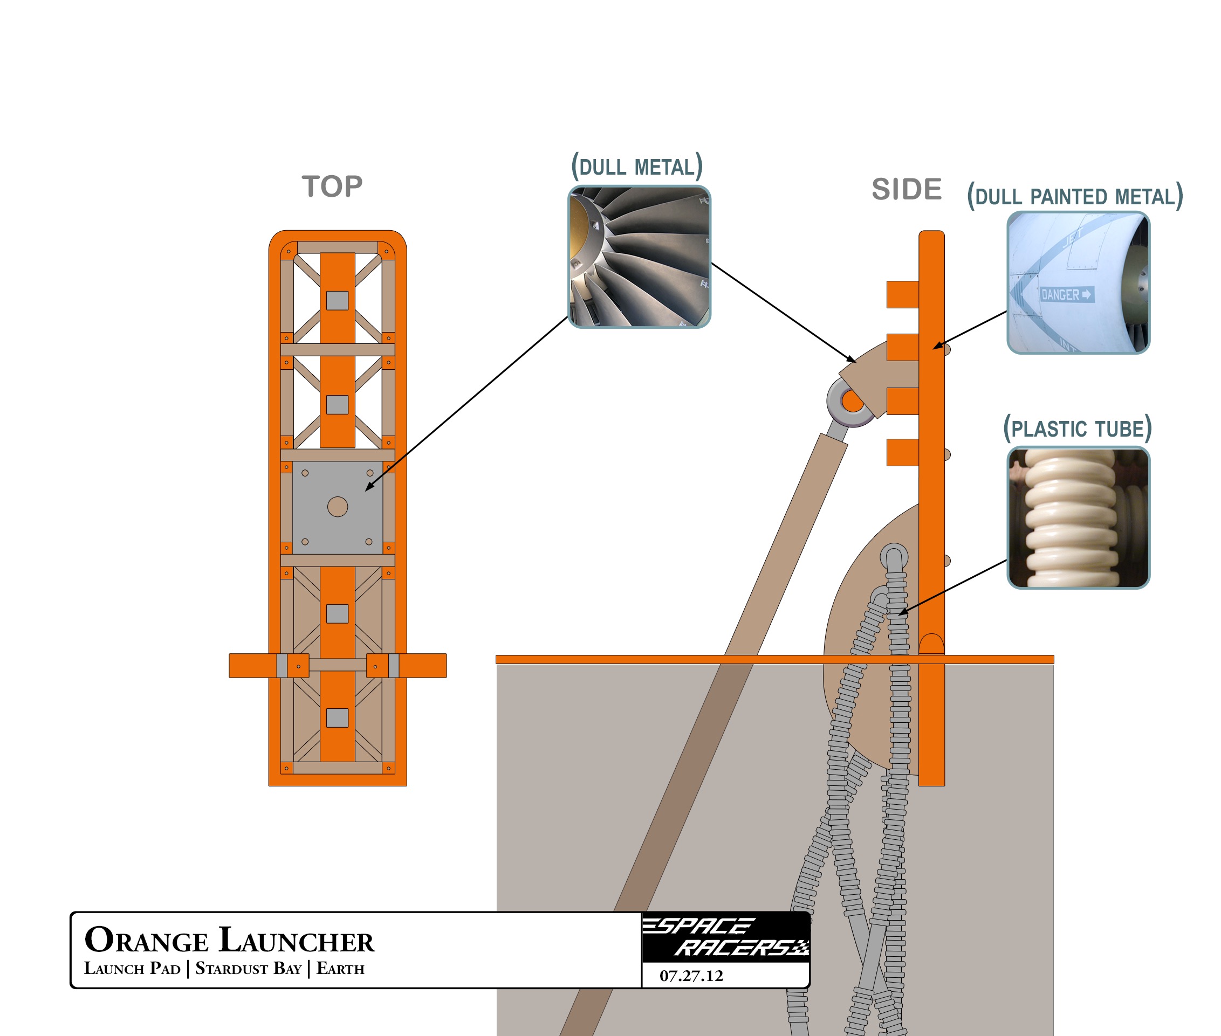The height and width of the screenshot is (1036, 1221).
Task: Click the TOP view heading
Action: point(332,187)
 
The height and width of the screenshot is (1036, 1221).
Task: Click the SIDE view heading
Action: point(906,190)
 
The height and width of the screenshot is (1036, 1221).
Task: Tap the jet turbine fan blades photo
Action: point(639,257)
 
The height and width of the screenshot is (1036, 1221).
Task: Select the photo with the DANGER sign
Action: point(1078,282)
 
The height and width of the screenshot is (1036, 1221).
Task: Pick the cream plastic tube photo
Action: point(1078,517)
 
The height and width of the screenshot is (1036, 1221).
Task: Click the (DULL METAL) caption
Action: point(637,167)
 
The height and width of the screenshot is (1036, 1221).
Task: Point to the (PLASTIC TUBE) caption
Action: point(1077,429)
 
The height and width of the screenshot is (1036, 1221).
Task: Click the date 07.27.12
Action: point(691,976)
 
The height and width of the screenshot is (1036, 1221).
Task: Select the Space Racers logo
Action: point(726,936)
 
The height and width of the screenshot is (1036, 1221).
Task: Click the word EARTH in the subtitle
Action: point(340,969)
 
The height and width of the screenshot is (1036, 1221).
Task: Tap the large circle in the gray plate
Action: point(337,507)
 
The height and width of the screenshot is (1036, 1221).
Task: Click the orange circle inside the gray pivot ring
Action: point(852,402)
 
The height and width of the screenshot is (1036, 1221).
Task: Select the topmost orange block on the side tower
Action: point(902,294)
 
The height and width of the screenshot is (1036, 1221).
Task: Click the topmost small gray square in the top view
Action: point(337,301)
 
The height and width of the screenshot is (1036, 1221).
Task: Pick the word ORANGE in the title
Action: point(146,940)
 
